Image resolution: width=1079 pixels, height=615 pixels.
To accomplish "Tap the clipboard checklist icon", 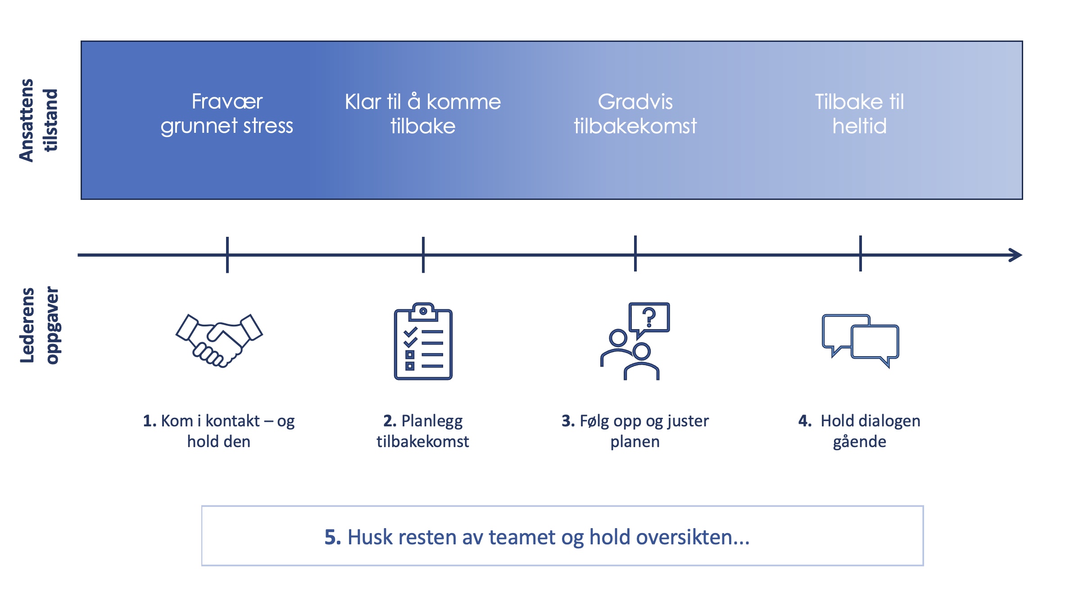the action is pyautogui.click(x=423, y=341).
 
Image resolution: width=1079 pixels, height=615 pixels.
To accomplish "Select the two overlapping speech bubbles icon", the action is pyautogui.click(x=860, y=341).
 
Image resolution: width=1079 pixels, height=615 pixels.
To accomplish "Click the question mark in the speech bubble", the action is pyautogui.click(x=649, y=317).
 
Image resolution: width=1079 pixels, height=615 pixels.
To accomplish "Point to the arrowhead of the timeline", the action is pyautogui.click(x=1016, y=255).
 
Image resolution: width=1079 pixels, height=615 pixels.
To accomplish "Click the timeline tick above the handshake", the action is pyautogui.click(x=227, y=255).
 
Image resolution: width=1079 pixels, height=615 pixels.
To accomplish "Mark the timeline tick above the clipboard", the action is pyautogui.click(x=423, y=255).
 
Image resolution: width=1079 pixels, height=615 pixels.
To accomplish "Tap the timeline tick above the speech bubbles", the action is pyautogui.click(x=860, y=253).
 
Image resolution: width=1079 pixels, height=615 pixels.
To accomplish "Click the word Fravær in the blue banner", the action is pyautogui.click(x=227, y=101).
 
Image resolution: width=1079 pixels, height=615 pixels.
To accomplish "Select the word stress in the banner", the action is pyautogui.click(x=268, y=126).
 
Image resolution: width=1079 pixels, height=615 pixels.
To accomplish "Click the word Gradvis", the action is pyautogui.click(x=635, y=102).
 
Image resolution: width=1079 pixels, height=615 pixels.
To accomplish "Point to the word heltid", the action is pyautogui.click(x=860, y=126).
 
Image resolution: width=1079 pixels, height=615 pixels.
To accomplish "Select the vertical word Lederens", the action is pyautogui.click(x=27, y=325).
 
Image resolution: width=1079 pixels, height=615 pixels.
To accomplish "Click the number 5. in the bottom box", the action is pyautogui.click(x=333, y=537).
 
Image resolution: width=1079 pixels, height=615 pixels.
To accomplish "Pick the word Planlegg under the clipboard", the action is pyautogui.click(x=432, y=421).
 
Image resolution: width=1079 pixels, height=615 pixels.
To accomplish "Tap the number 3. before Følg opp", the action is pyautogui.click(x=568, y=421).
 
